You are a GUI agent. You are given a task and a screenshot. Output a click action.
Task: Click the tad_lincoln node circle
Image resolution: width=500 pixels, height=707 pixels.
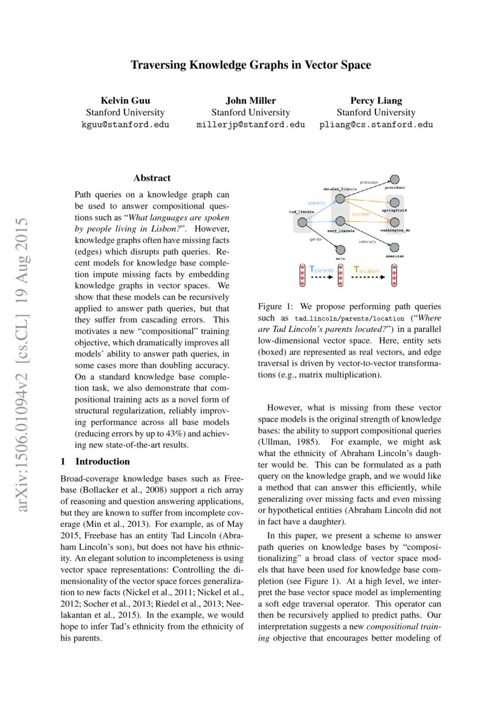(302, 223)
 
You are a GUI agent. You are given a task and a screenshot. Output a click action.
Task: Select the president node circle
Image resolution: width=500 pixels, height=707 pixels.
(395, 180)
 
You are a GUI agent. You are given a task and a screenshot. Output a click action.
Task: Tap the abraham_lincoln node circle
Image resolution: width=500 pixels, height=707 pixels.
(340, 198)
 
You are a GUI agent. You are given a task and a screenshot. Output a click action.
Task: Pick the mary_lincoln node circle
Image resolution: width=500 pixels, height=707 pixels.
(340, 221)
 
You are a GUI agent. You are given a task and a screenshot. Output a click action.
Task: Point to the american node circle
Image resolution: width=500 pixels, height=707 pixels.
(395, 247)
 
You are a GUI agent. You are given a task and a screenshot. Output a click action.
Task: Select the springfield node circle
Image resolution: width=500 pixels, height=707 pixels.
(395, 203)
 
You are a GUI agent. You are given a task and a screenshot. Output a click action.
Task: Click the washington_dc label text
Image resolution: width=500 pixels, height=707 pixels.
(395, 230)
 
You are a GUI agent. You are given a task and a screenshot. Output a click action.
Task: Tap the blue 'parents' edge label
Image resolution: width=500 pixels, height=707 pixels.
(317, 203)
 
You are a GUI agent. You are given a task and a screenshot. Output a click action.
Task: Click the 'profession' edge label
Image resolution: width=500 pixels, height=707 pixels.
(369, 182)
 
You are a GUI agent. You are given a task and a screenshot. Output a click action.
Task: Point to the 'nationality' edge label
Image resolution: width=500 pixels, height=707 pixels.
(367, 242)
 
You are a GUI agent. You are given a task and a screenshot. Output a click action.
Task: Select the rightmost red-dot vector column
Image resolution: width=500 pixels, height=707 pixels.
(394, 275)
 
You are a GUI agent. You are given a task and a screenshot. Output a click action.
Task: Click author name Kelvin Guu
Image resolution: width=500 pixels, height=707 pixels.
(125, 100)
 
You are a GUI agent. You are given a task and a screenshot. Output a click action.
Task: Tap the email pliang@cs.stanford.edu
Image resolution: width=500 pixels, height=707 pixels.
(376, 125)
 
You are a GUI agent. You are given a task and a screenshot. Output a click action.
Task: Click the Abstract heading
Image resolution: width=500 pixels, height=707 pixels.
(152, 178)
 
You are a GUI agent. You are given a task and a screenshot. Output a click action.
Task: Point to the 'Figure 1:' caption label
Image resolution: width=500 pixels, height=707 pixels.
(276, 307)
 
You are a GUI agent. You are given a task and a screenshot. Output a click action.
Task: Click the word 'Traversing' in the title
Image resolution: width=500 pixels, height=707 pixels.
(160, 64)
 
